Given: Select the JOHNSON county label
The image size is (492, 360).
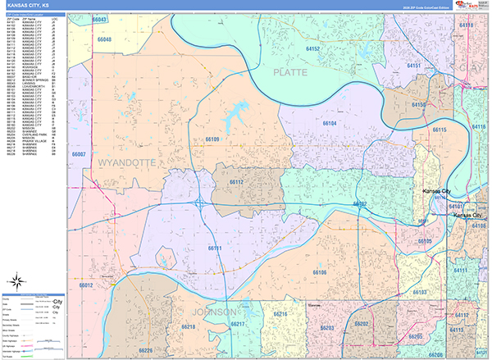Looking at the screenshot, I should coord(215,312).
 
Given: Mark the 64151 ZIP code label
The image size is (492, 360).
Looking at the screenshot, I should coord(415,65).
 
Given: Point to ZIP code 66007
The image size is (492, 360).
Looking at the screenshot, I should coord(79,154).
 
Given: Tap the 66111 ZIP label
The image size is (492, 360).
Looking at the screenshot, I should coord(215,247).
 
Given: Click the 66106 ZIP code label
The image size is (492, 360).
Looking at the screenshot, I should coord(320,272).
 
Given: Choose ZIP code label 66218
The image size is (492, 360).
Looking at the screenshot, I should coord(189,327).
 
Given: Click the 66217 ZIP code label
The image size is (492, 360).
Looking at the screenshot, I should coord(239,325).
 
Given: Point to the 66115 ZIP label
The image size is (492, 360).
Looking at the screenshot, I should coord(440,130).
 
